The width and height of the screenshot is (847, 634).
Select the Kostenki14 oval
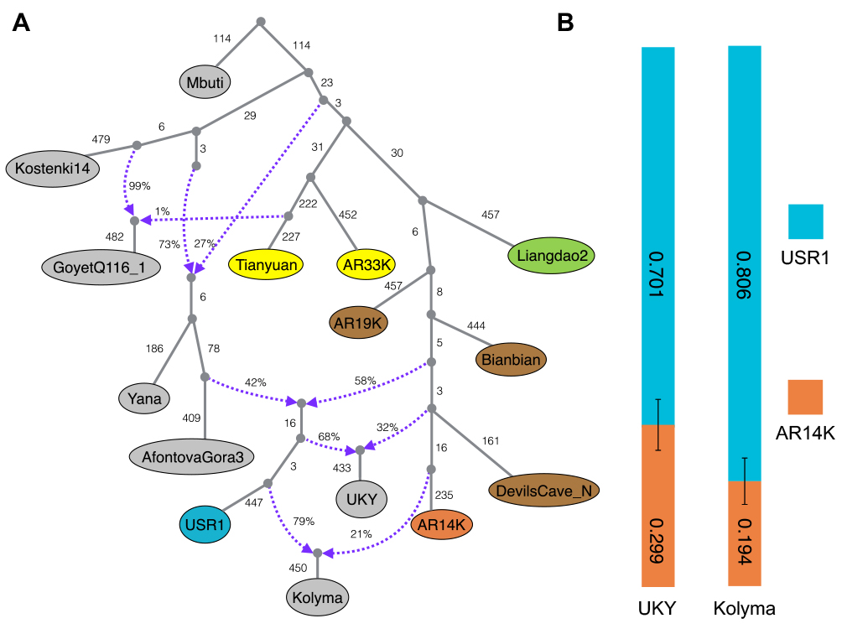[x=52, y=169]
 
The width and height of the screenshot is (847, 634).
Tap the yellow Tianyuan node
[x=265, y=264]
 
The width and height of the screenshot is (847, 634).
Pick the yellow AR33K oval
[x=366, y=264]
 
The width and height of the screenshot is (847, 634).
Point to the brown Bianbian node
[x=512, y=360]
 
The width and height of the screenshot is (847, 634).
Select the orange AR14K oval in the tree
[x=443, y=525]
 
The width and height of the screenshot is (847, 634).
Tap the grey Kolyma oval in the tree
[x=317, y=598]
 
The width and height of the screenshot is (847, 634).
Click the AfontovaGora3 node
[x=192, y=457]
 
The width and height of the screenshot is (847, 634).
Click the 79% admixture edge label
[x=304, y=521]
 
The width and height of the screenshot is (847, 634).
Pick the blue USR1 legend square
[x=805, y=221]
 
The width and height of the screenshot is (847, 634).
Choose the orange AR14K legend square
[x=805, y=397]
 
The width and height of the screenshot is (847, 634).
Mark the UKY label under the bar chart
[x=658, y=608]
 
